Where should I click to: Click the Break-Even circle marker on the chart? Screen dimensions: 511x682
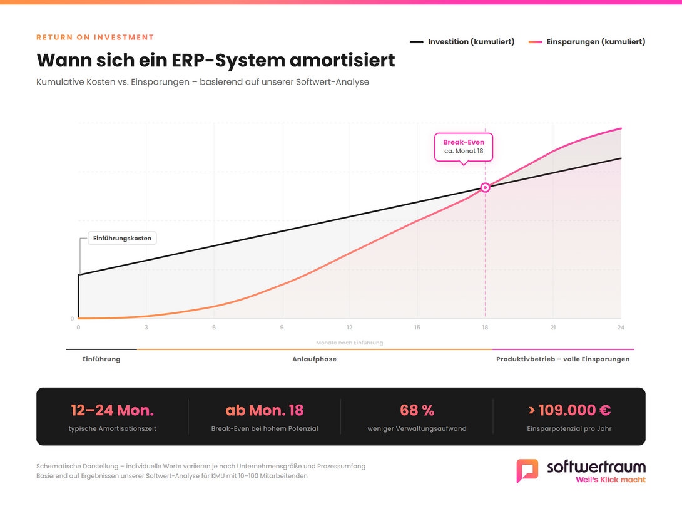(x=485, y=187)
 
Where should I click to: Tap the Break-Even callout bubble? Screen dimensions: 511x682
(x=464, y=147)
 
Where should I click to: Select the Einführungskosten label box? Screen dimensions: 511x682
(x=122, y=238)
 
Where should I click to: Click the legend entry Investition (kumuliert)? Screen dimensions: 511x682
(x=462, y=42)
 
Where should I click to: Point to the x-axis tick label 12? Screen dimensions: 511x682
(x=349, y=328)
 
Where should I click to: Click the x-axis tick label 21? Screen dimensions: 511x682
(x=553, y=328)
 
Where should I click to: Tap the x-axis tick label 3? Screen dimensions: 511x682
(x=146, y=328)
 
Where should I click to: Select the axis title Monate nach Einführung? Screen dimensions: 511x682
(x=349, y=343)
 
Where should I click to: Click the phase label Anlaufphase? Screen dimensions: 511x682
(x=314, y=359)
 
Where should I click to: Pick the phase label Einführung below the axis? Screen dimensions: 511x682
(x=101, y=359)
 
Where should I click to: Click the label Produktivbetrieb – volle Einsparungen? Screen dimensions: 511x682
(x=562, y=359)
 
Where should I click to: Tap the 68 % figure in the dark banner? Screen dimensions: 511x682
(x=417, y=411)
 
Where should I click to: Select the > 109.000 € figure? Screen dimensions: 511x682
(x=569, y=411)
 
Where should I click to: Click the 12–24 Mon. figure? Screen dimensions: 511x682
(x=112, y=411)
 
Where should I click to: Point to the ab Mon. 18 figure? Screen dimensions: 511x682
(x=264, y=411)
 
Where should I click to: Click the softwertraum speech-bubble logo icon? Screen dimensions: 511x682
(x=527, y=470)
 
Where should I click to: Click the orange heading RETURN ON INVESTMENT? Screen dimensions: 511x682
(x=95, y=38)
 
